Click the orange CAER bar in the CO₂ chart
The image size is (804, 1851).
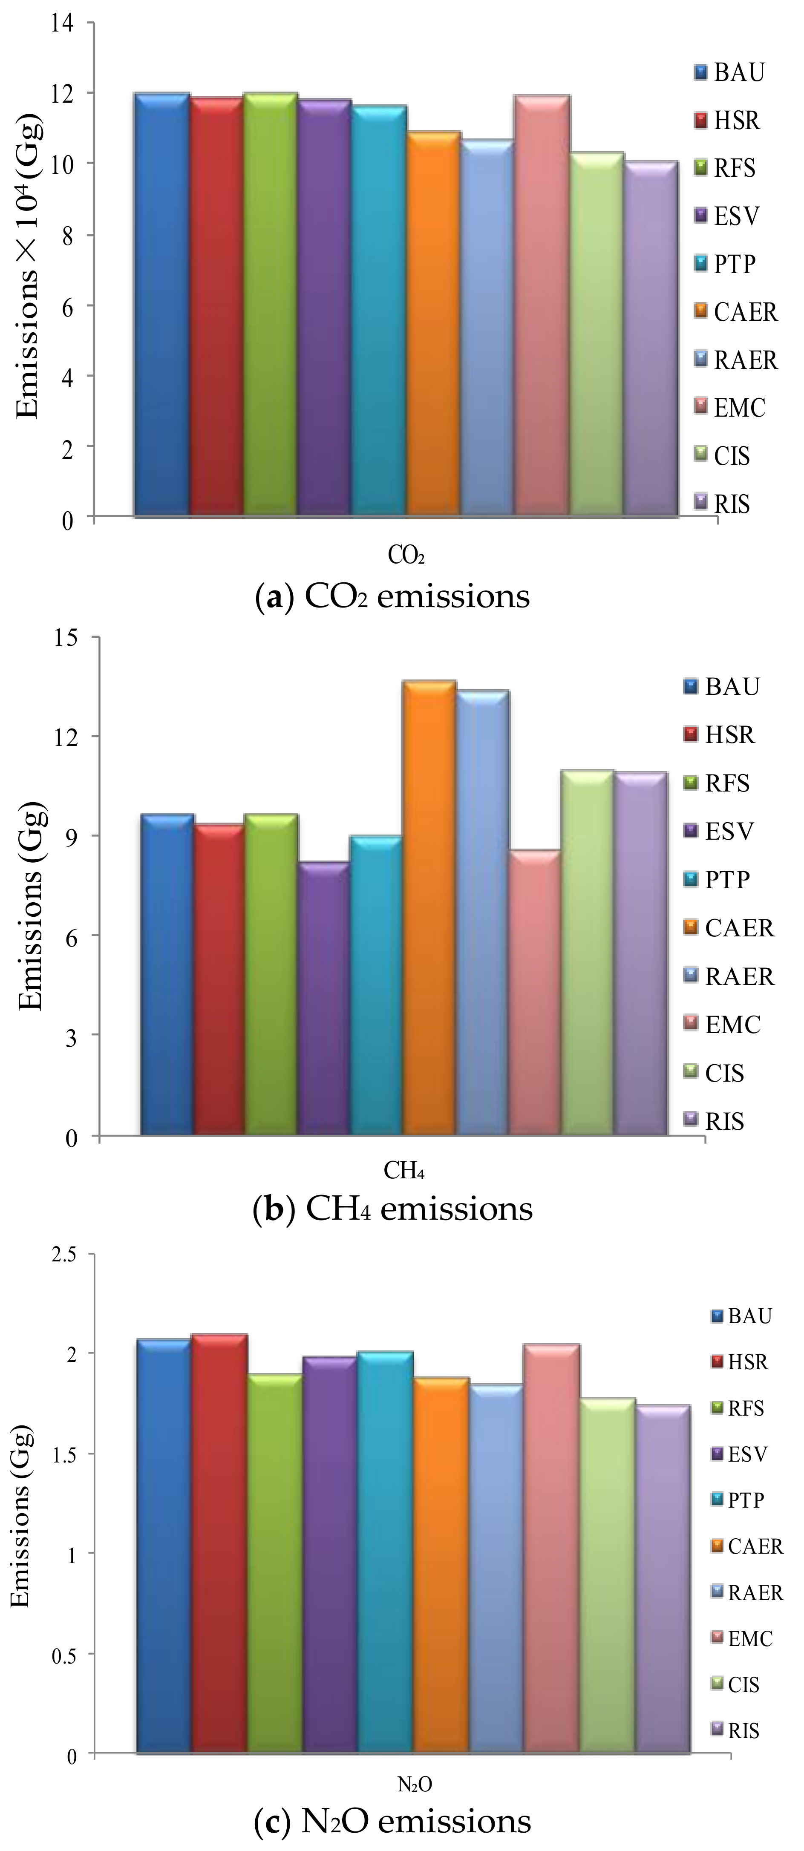433,323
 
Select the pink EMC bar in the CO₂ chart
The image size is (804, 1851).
542,305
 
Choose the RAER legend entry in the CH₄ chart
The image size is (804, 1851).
729,976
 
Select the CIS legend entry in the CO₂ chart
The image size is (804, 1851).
722,455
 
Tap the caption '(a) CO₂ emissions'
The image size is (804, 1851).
392,596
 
